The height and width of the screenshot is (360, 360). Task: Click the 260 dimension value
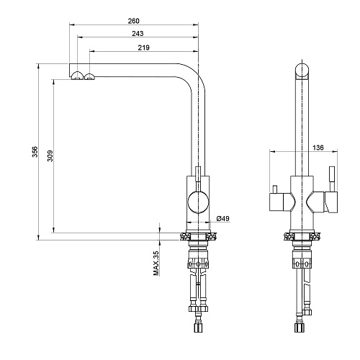133,21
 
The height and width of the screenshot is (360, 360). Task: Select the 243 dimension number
138,34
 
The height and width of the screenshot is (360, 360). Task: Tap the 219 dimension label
143,48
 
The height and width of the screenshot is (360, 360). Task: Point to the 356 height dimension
35,152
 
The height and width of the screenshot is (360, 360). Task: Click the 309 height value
50,156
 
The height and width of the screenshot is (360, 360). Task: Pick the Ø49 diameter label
223,218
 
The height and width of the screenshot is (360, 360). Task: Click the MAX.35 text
156,264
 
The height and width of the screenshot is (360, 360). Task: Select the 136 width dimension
318,148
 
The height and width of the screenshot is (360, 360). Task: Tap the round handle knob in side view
198,202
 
